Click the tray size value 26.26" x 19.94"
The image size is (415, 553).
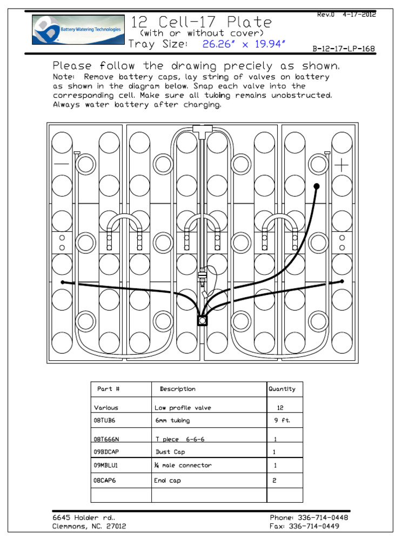click(243, 44)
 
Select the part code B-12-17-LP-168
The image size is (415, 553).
click(344, 49)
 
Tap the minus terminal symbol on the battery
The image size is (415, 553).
click(62, 164)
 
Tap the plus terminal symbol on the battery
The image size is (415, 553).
click(342, 165)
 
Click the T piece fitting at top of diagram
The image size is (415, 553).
click(202, 130)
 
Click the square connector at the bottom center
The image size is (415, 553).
click(202, 321)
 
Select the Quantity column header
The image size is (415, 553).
click(282, 389)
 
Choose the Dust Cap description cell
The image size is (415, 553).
click(170, 452)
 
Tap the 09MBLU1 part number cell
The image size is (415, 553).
click(106, 465)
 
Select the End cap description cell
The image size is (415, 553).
click(168, 481)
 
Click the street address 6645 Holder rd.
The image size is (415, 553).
click(84, 517)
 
